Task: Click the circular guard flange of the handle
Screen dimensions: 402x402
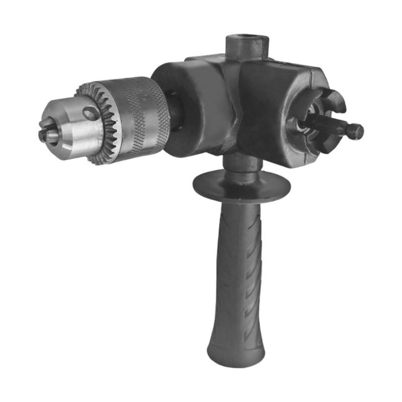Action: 241,185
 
